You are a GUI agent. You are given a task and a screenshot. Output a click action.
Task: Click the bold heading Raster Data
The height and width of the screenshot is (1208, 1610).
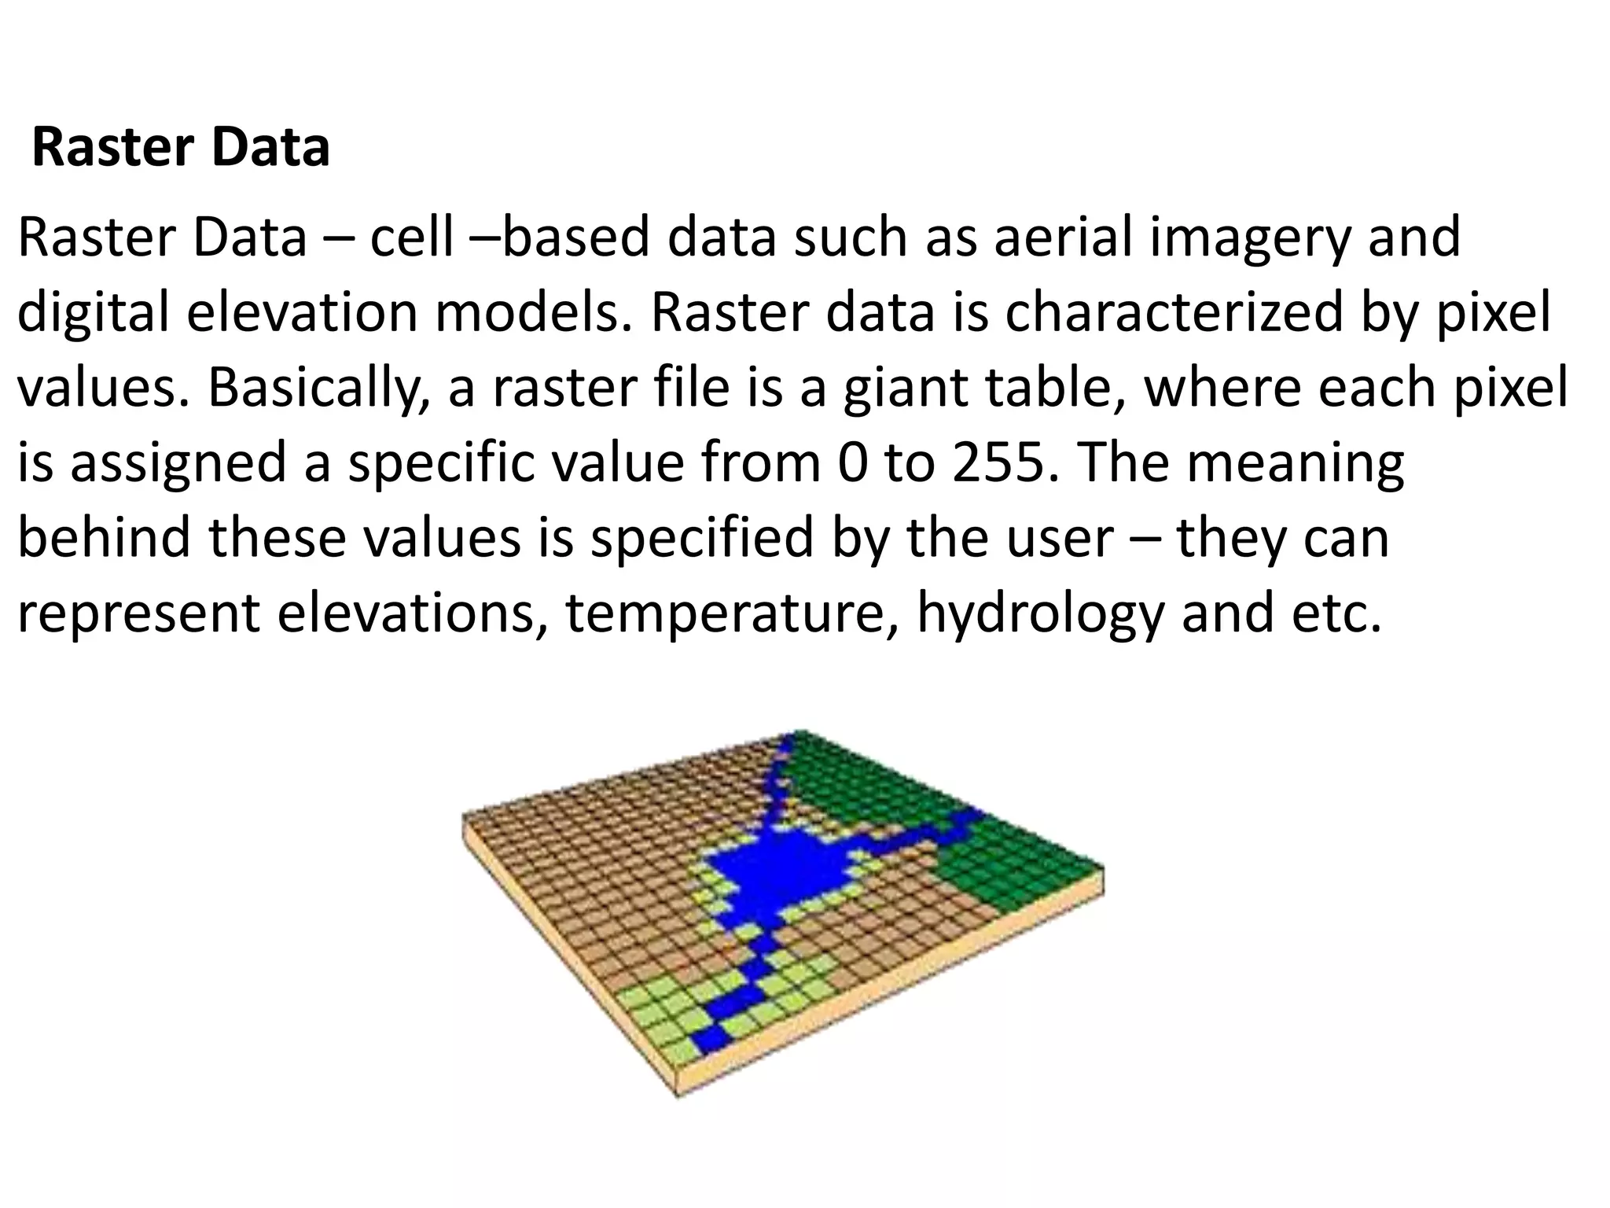181,148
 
